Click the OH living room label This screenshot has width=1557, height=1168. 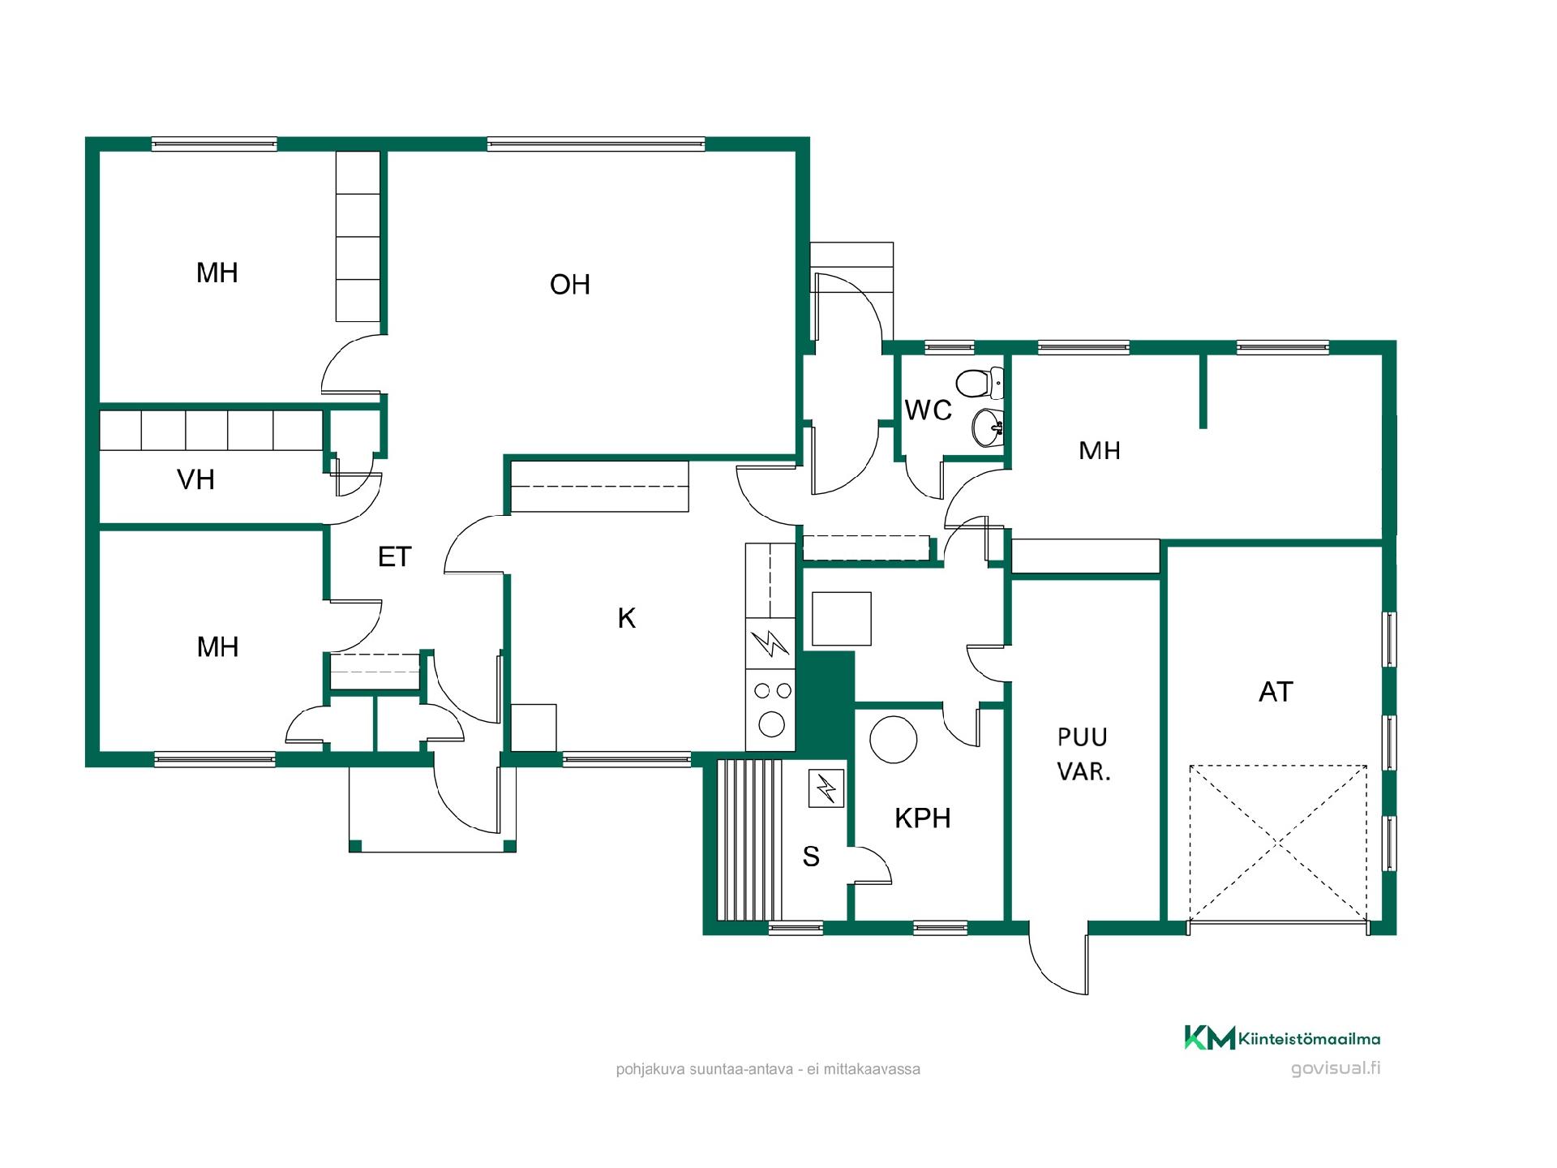[569, 285]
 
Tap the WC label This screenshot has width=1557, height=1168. [928, 410]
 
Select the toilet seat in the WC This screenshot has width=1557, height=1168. [979, 382]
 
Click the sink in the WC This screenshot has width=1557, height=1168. [988, 427]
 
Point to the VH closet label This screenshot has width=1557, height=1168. [195, 480]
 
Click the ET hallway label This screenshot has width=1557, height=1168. [395, 557]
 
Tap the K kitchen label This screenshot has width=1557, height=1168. [626, 619]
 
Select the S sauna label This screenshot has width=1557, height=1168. [811, 857]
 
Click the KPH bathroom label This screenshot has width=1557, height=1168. [922, 818]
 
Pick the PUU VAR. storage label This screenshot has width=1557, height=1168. [1083, 754]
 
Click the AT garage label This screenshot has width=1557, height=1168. [1276, 692]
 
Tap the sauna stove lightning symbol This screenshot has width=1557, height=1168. [826, 788]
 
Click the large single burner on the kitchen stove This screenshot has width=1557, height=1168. [771, 724]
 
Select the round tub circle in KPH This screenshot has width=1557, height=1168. [893, 740]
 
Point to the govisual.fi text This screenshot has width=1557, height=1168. [1336, 1068]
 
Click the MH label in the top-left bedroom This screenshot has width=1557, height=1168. [217, 273]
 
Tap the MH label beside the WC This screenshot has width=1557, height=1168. [1100, 451]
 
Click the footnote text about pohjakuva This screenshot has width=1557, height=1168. [768, 1070]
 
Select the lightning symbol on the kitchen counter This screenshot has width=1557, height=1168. [770, 645]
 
